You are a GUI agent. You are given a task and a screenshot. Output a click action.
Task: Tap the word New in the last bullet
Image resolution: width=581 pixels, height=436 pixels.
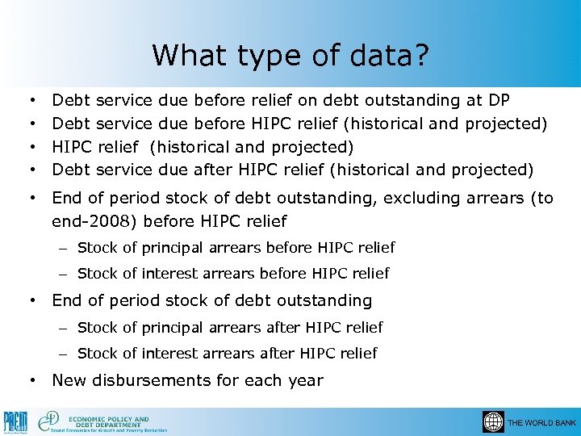(70, 379)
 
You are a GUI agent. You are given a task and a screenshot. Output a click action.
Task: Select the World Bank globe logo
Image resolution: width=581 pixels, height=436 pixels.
(492, 422)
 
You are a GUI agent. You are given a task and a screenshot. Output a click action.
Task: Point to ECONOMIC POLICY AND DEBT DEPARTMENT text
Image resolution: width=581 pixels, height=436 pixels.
(109, 421)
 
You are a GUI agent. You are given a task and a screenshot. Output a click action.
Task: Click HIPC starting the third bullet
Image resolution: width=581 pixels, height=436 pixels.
(72, 146)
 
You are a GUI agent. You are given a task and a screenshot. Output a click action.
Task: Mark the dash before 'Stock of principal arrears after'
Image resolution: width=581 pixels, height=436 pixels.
(63, 327)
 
